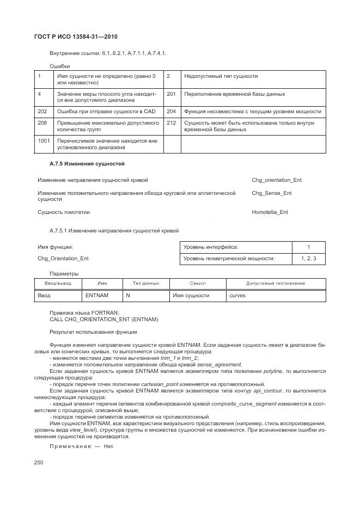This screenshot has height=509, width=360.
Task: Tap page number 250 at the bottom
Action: tap(39, 462)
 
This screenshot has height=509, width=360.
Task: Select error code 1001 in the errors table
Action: tap(44, 140)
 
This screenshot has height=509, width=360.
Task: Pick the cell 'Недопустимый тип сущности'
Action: tap(221, 76)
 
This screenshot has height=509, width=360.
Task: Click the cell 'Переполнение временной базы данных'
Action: tap(235, 94)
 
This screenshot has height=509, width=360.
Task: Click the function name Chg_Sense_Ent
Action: tap(271, 193)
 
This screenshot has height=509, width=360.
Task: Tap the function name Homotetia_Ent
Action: tap(270, 212)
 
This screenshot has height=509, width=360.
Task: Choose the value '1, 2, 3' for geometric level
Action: tap(308, 259)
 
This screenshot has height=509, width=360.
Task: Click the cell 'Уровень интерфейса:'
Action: tap(211, 247)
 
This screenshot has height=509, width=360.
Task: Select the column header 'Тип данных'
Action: tap(146, 283)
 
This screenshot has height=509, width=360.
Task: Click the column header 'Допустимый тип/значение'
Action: tap(276, 283)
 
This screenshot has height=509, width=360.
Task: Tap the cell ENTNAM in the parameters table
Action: tap(97, 295)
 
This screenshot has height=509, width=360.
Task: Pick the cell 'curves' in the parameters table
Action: tap(237, 295)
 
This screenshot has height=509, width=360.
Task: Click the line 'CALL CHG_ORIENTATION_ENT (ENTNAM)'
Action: tap(103, 319)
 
